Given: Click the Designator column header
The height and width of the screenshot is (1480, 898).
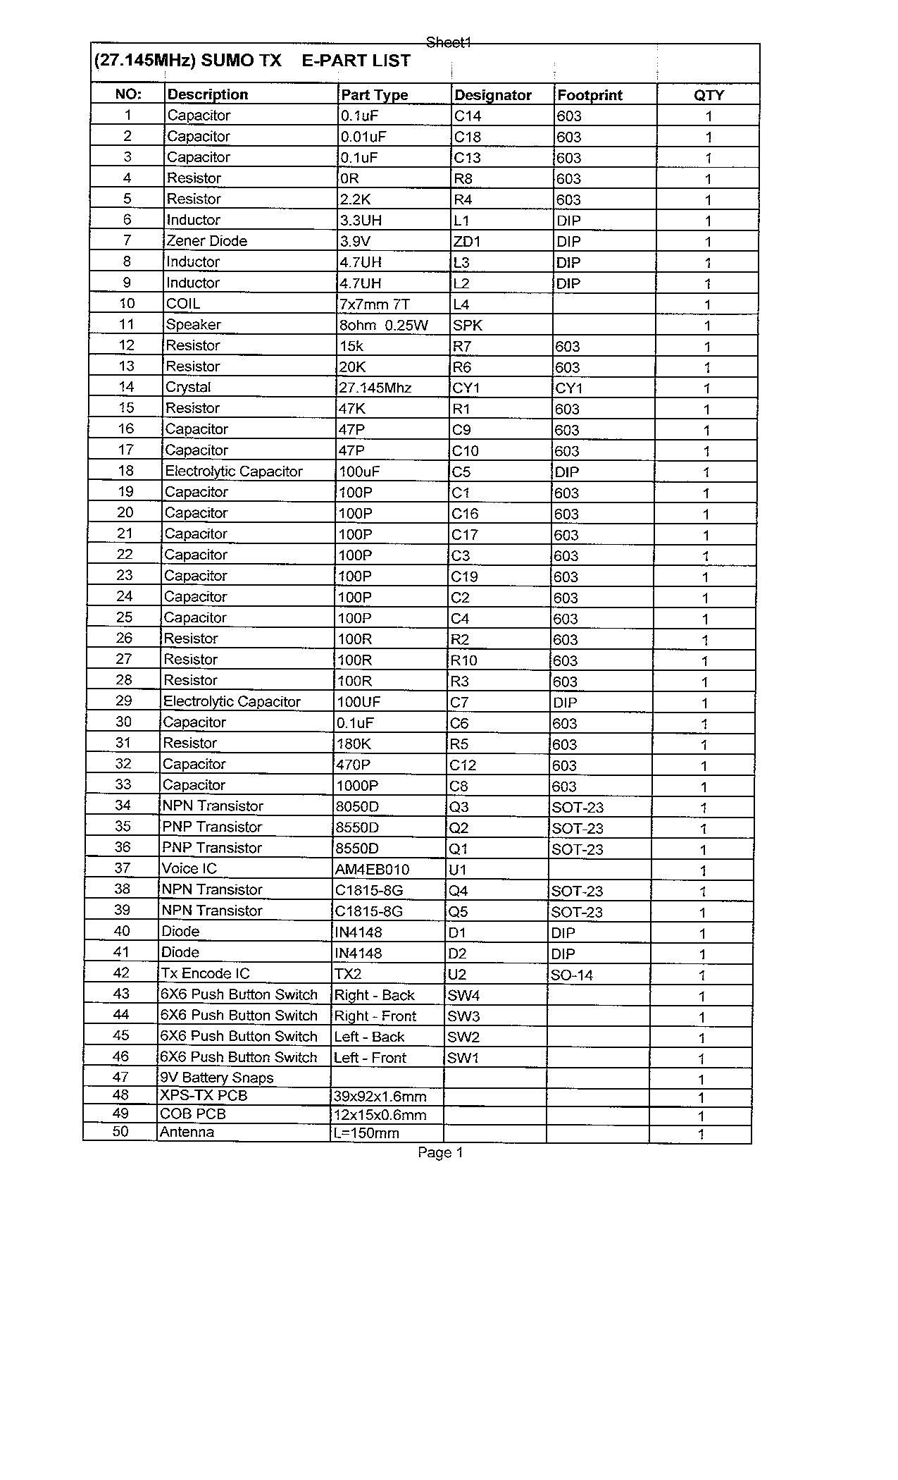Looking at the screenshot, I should point(493,95).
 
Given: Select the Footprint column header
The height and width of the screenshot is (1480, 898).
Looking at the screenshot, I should point(590,95).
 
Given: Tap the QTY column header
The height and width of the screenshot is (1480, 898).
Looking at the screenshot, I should point(709,95).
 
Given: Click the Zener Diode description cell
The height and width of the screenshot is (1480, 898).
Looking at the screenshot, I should point(206,241).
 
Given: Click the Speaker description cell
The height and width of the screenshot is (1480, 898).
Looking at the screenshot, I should point(193,325).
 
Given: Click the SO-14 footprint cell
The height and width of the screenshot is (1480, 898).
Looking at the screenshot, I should point(572,975).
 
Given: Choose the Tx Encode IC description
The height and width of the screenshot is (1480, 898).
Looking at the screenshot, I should point(205,973).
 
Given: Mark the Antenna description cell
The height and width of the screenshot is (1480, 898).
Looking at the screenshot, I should point(187,1132).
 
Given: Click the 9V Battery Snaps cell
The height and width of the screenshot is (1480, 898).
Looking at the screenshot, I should point(216,1078).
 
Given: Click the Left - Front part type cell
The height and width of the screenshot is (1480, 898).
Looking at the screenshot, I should point(370,1058).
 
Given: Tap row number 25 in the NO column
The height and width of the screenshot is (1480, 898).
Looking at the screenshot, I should point(124,617).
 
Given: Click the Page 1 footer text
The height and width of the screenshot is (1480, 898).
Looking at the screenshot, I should point(440,1153).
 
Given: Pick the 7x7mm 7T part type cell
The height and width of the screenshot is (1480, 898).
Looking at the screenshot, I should point(374,304).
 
